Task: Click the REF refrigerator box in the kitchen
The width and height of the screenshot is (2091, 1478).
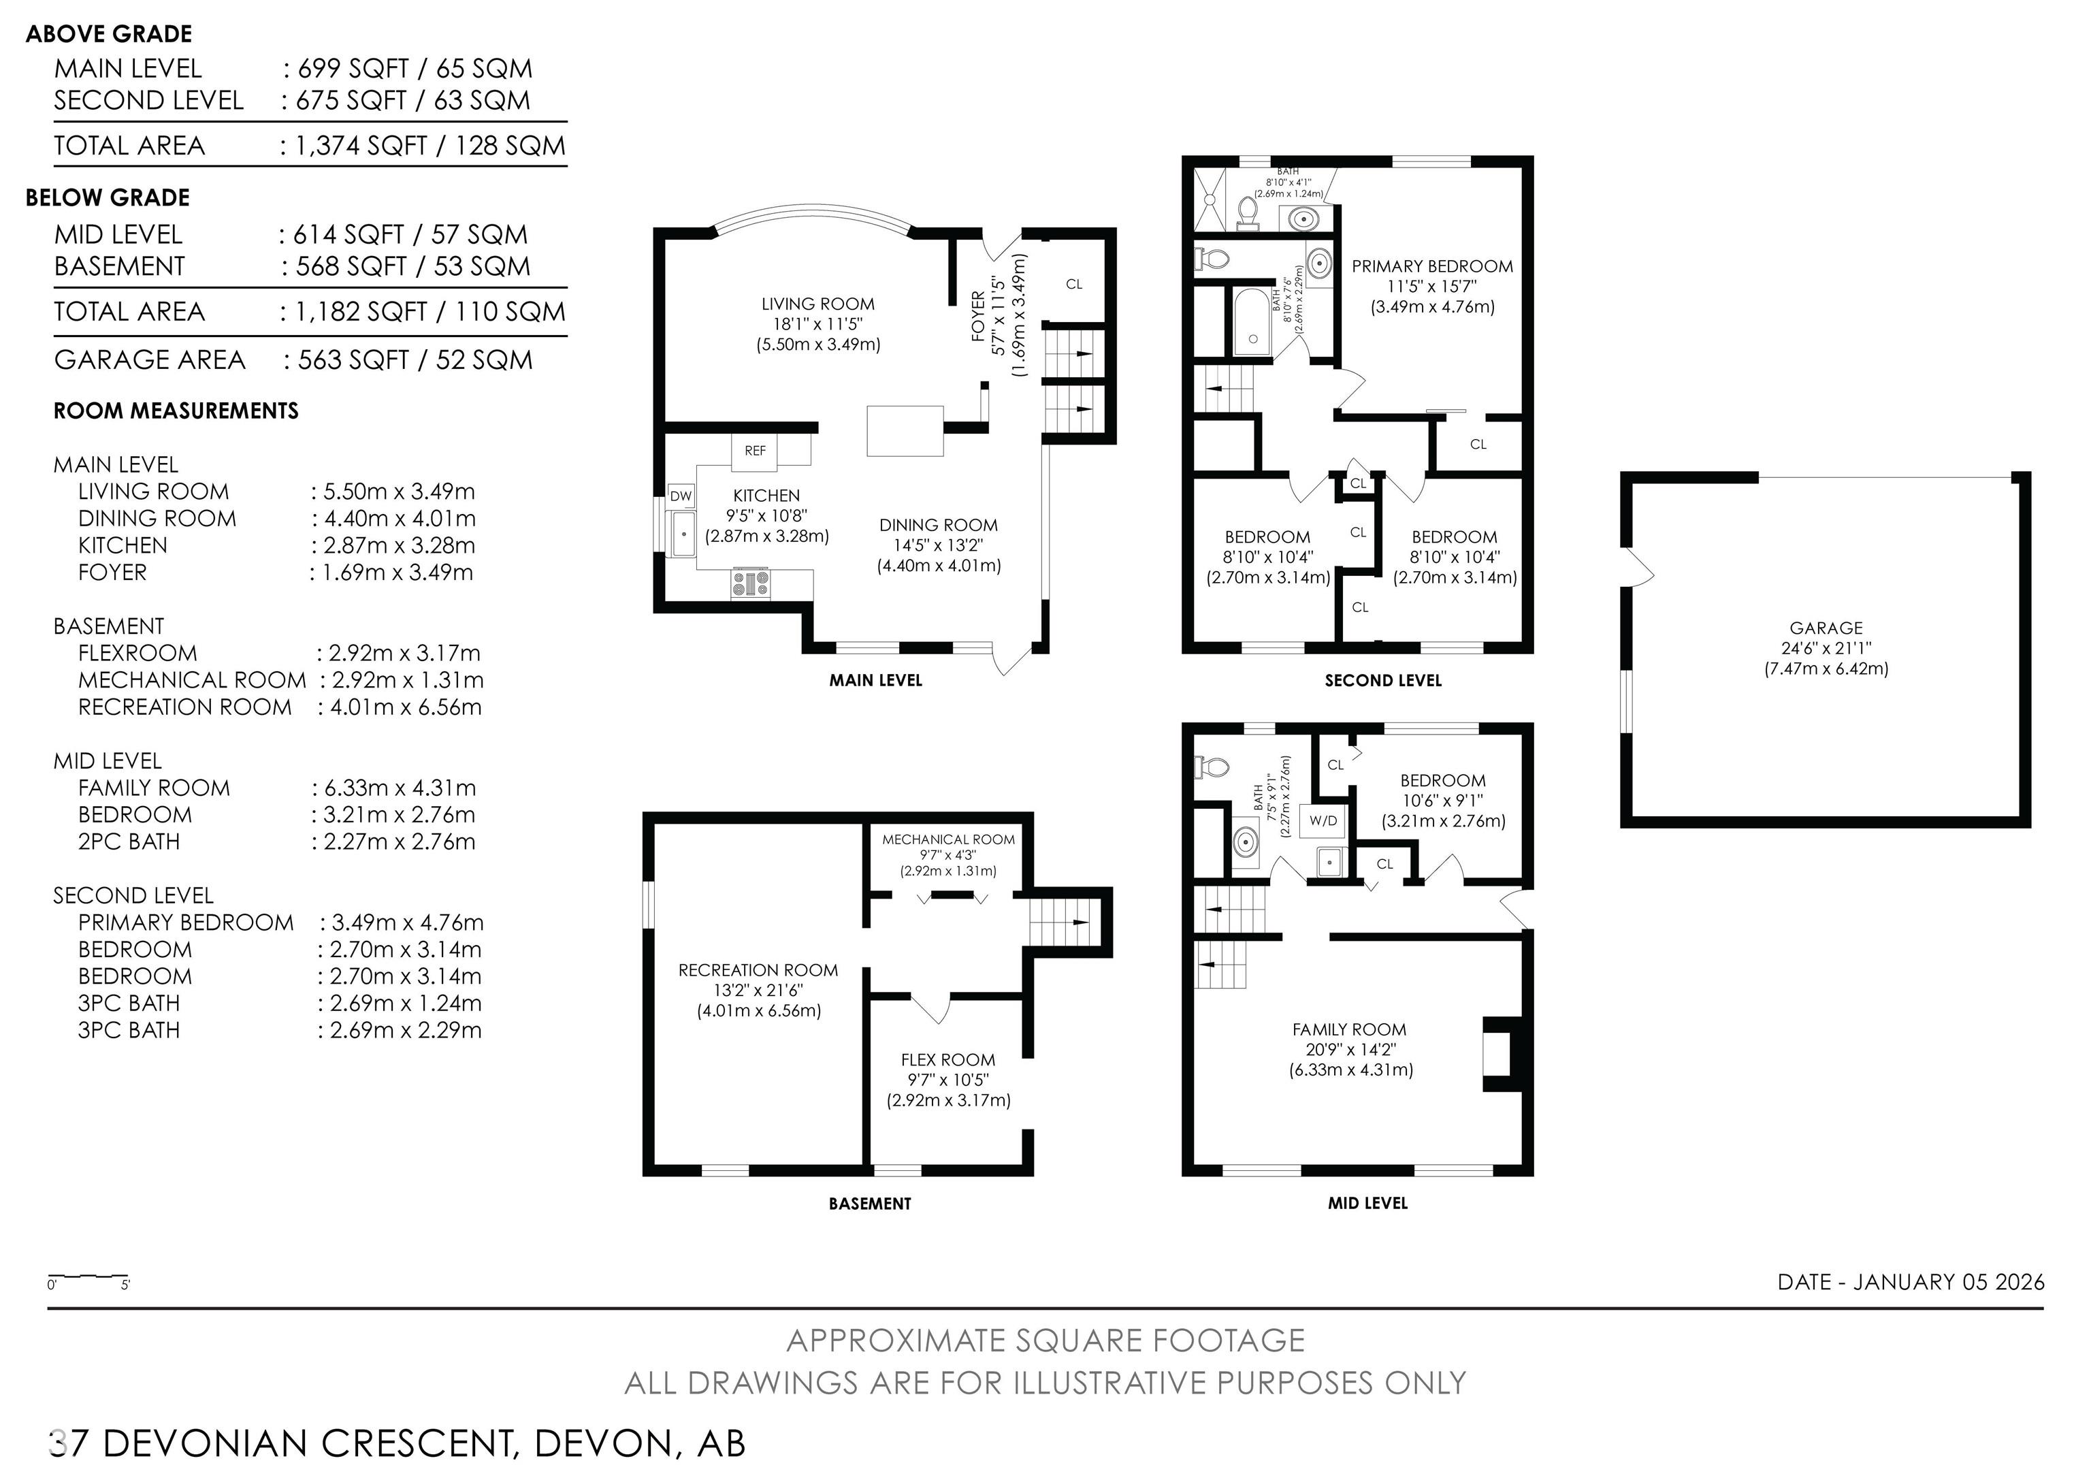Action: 755,451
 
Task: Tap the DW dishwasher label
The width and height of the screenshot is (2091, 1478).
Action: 681,496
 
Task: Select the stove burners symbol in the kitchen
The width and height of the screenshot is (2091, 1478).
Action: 750,583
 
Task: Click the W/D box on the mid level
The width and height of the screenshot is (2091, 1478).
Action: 1323,820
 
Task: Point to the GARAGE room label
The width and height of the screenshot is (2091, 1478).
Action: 1826,628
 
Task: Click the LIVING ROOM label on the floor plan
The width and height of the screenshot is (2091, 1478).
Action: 818,304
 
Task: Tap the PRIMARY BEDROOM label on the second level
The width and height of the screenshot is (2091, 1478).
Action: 1433,266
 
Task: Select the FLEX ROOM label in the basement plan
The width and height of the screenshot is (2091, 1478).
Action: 948,1060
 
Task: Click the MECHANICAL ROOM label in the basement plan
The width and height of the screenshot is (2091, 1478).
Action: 948,839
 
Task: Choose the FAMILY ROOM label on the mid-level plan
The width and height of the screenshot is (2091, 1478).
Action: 1350,1030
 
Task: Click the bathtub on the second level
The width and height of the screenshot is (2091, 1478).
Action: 1254,321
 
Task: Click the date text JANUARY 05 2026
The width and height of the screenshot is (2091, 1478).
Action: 1949,1282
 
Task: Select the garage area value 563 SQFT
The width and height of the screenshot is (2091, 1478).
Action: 353,359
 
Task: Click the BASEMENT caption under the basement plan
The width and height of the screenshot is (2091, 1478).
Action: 870,1204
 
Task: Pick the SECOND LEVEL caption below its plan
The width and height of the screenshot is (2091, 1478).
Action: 1383,680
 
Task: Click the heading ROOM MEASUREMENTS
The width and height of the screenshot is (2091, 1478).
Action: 176,411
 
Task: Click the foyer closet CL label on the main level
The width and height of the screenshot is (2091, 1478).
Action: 1075,284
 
